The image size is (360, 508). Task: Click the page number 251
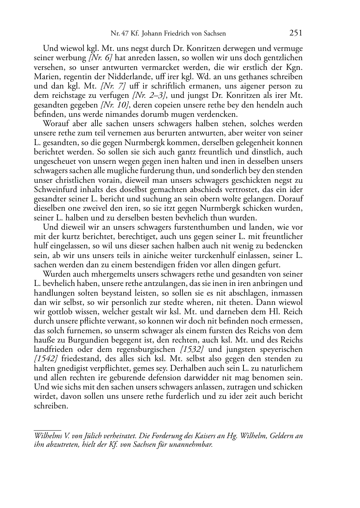pyautogui.click(x=296, y=33)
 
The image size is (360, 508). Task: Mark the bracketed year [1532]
pyautogui.click(x=192, y=349)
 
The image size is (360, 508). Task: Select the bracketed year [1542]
pyautogui.click(x=46, y=359)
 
